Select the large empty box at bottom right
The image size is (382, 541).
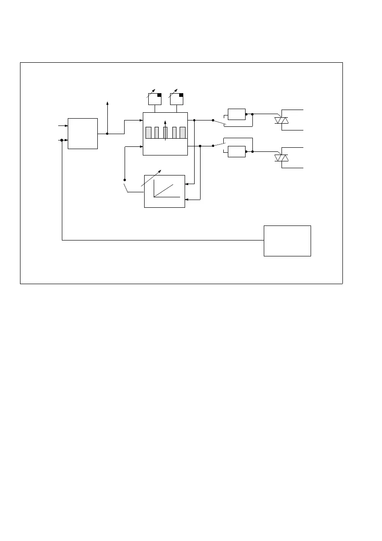[x=287, y=240]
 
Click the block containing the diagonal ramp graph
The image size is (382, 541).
[x=165, y=191]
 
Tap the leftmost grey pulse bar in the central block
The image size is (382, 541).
[x=148, y=132]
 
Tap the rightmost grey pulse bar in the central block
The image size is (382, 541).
[x=182, y=132]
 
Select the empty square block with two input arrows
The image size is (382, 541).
[x=83, y=133]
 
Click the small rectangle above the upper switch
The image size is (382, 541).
[x=236, y=114]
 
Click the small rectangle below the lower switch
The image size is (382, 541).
[x=236, y=151]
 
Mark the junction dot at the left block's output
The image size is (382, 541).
[x=107, y=134]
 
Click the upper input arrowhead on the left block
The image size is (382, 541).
[x=66, y=125]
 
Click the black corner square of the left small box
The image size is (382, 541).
[x=159, y=95]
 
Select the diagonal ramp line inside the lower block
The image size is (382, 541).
[x=164, y=190]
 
